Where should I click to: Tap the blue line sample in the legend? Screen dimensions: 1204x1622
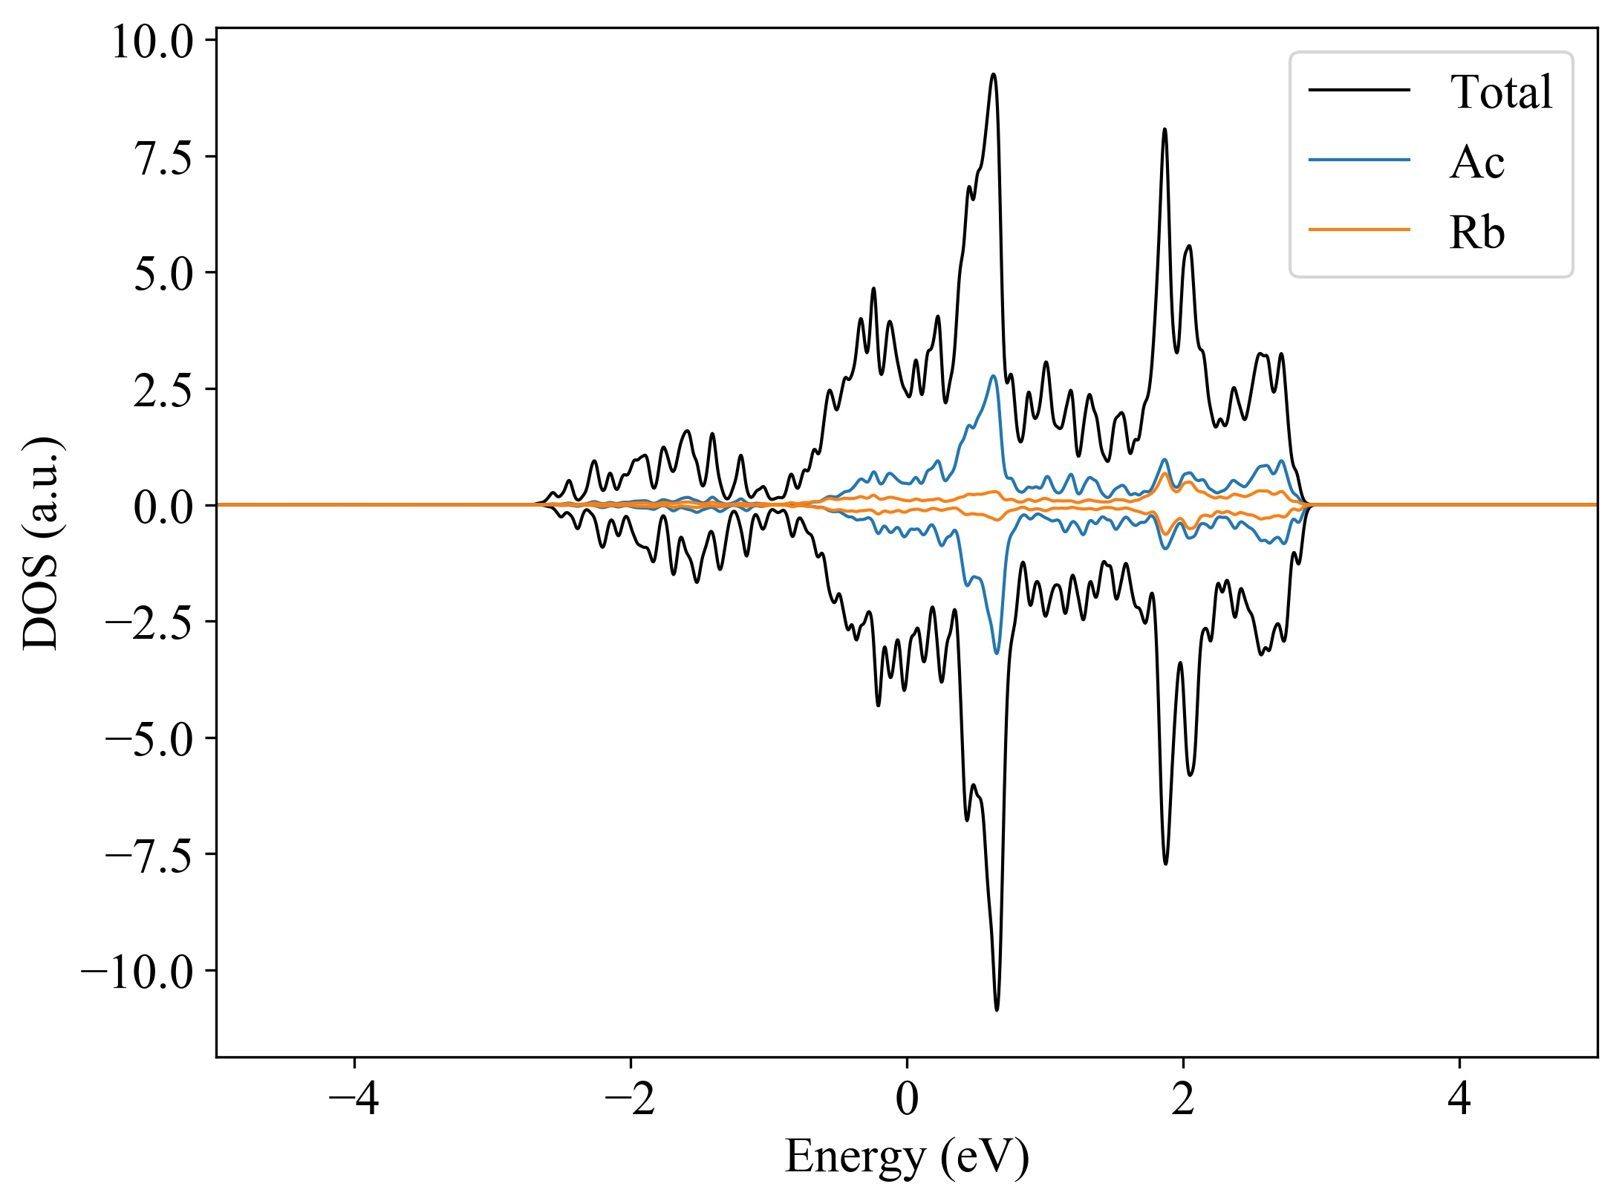pos(1359,160)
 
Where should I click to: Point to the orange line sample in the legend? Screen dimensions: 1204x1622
pos(1359,230)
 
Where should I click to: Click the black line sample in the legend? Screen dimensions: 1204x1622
pos(1359,90)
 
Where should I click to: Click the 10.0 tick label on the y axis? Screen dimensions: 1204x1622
pos(152,42)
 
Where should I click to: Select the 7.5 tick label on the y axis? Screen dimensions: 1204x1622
pos(164,157)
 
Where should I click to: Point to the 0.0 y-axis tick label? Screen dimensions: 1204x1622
pos(164,507)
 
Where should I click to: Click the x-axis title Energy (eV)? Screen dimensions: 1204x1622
pos(907,1156)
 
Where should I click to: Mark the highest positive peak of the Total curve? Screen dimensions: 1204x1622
pos(993,74)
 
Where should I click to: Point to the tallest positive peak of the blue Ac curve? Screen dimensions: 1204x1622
pos(994,376)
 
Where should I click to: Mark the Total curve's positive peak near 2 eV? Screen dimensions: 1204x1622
pos(1165,129)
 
